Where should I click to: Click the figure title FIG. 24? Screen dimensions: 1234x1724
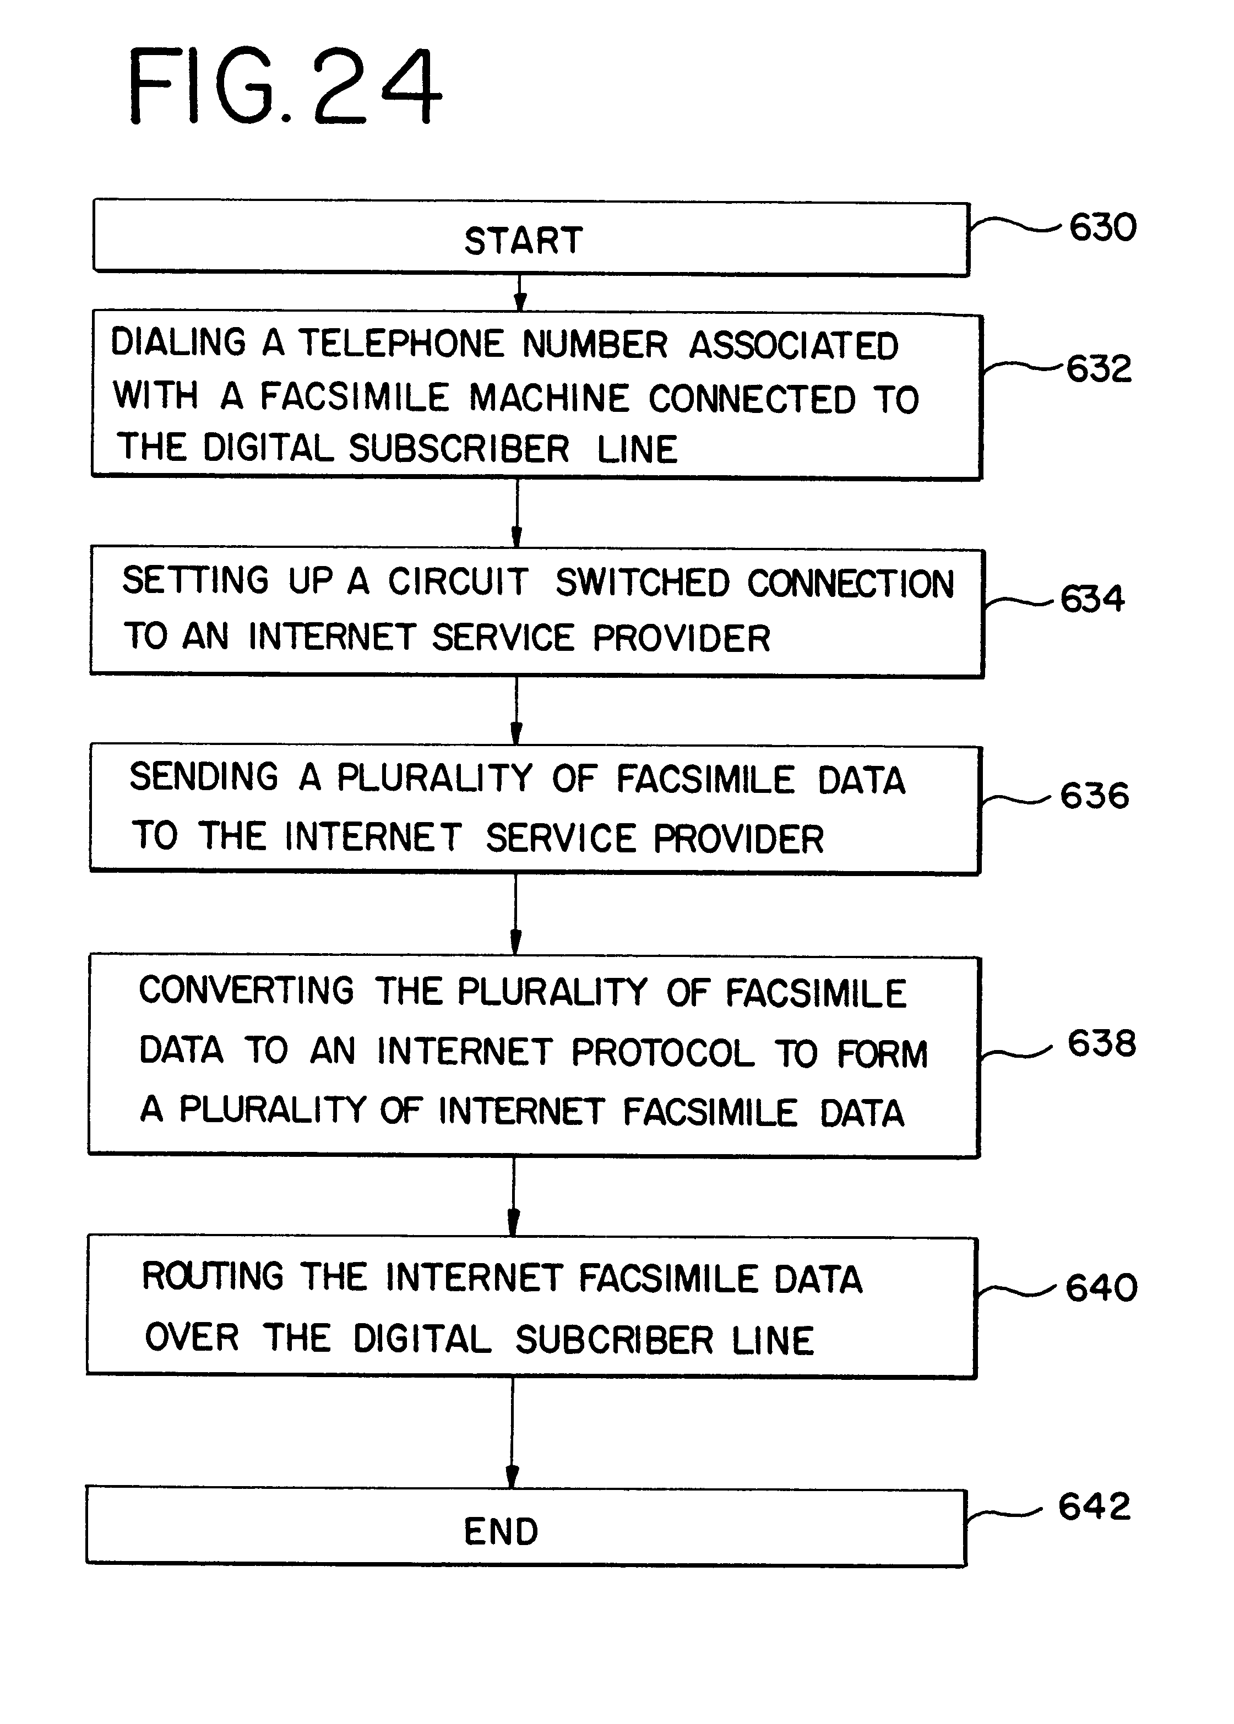[285, 85]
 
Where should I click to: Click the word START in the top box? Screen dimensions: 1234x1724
[524, 241]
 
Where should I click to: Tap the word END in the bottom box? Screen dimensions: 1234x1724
[502, 1531]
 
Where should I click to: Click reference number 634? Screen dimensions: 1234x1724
[1092, 598]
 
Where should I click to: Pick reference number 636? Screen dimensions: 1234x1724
[1094, 796]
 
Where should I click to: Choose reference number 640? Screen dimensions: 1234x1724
[1101, 1287]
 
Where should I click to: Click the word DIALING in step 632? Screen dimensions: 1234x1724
[178, 342]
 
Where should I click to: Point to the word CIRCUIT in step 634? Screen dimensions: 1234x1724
[458, 581]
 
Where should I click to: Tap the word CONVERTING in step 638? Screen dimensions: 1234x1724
[246, 990]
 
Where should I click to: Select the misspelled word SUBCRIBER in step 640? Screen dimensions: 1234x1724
[615, 1340]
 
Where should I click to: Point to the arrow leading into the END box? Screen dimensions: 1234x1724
[512, 1433]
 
